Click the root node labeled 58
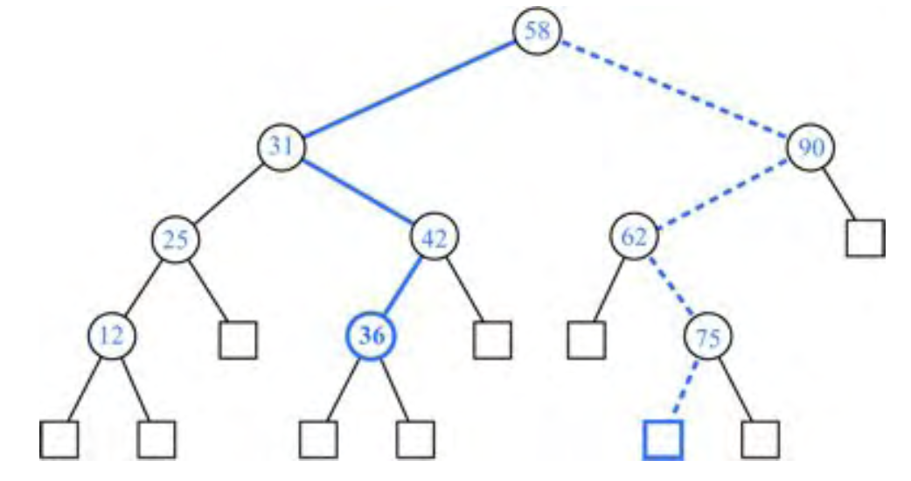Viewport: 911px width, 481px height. (x=537, y=31)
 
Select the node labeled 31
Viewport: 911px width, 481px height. (x=281, y=146)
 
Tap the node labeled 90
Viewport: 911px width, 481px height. (x=811, y=146)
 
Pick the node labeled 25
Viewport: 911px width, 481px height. (x=177, y=238)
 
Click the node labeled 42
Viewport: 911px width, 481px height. (x=435, y=238)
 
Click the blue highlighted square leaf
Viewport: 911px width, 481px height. (x=662, y=439)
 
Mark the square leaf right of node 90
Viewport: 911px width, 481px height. (x=865, y=237)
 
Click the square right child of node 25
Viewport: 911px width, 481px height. (x=238, y=340)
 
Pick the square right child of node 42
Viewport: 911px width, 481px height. (x=492, y=340)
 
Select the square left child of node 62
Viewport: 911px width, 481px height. (x=585, y=340)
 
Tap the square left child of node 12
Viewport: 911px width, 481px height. (x=59, y=439)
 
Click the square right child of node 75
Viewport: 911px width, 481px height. (x=759, y=439)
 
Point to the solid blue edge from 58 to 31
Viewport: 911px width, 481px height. (x=408, y=89)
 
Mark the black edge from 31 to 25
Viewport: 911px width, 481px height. (x=229, y=192)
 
